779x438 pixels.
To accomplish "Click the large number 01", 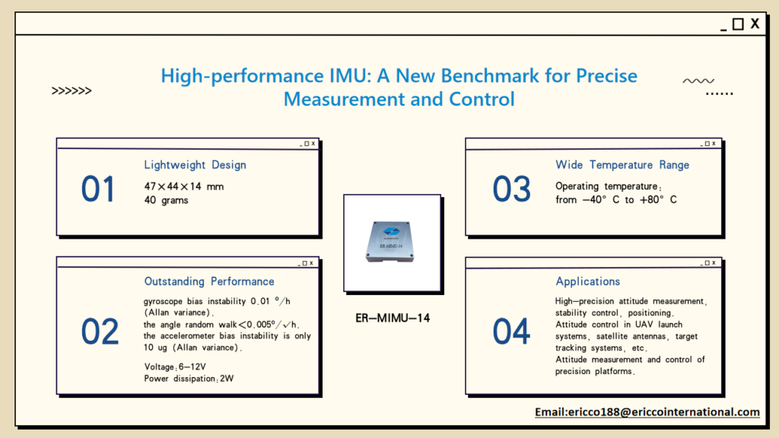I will [98, 189].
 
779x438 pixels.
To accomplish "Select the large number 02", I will [100, 332].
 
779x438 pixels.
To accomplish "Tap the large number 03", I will [511, 189].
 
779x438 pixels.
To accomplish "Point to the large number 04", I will [511, 332].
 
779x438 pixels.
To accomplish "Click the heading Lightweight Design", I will [195, 165].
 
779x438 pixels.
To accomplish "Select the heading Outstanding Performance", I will [209, 281].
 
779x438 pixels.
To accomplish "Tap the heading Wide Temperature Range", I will [622, 165].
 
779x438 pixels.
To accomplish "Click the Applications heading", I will [588, 281].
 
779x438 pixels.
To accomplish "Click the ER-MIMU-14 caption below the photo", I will [392, 318].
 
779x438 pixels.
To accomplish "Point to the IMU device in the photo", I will [392, 242].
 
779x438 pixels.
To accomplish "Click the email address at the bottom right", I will [647, 412].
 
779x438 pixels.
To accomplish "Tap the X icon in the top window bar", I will [755, 24].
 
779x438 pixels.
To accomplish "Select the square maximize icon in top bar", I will [738, 24].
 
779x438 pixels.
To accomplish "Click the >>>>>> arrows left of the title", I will [72, 91].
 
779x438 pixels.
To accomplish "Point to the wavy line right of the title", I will [698, 81].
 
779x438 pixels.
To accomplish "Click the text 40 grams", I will [166, 200].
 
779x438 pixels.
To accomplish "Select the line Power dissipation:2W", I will [189, 379].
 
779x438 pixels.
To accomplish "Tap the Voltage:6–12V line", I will [174, 367].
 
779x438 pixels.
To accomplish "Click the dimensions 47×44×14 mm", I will [183, 186].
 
